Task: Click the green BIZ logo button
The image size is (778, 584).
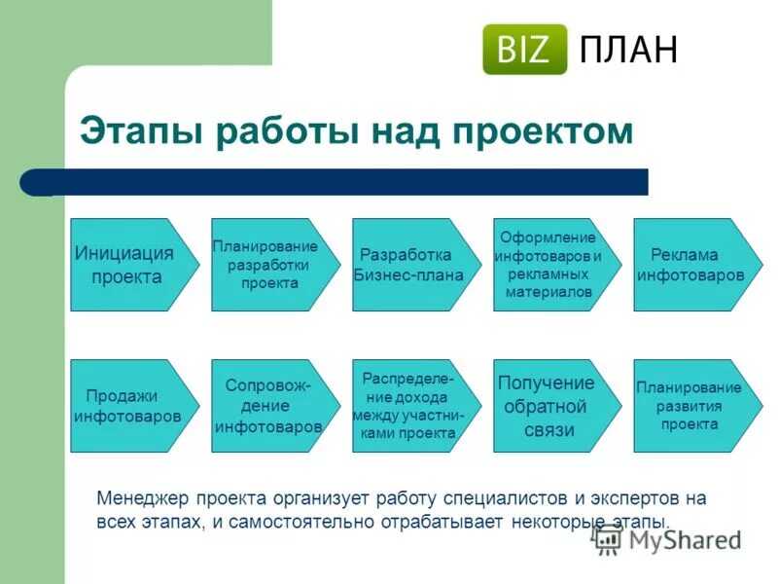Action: (524, 50)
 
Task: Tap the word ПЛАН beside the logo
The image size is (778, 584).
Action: (628, 50)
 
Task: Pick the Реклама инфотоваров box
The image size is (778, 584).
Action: (691, 265)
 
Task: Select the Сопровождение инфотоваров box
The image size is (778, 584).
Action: (269, 406)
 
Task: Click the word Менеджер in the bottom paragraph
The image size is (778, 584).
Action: (143, 498)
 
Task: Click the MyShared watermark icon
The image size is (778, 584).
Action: (608, 541)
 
